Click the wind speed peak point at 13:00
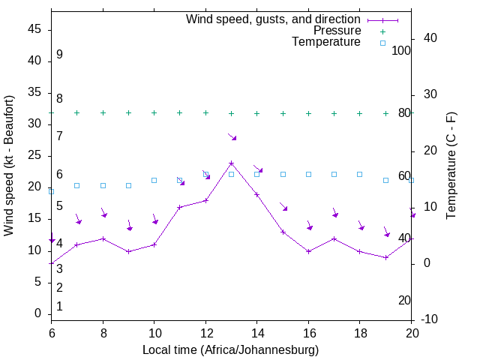pyautogui.click(x=231, y=163)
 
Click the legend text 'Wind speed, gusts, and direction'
pyautogui.click(x=274, y=19)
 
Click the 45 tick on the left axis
pyautogui.click(x=34, y=30)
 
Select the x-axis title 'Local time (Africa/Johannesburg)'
pyautogui.click(x=231, y=349)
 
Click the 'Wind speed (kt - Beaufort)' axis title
pyautogui.click(x=9, y=165)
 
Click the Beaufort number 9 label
pyautogui.click(x=59, y=55)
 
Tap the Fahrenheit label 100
pyautogui.click(x=401, y=50)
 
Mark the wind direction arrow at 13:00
pyautogui.click(x=232, y=136)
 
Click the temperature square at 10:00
pyautogui.click(x=154, y=180)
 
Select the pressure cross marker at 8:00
pyautogui.click(x=103, y=112)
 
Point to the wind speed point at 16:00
pyautogui.click(x=308, y=251)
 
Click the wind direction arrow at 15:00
pyautogui.click(x=283, y=205)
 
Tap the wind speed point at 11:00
pyautogui.click(x=180, y=207)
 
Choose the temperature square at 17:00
pyautogui.click(x=334, y=174)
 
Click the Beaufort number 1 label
pyautogui.click(x=59, y=306)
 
